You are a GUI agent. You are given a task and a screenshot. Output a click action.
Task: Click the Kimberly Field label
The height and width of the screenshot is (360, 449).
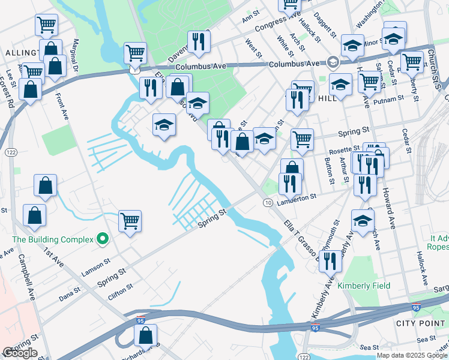[363, 286]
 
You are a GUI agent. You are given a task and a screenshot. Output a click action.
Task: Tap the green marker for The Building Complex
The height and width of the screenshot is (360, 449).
[103, 239]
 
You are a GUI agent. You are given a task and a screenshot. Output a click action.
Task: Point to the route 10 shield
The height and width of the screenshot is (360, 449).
[266, 205]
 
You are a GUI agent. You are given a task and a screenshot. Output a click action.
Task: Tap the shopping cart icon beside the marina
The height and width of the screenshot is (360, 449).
[130, 221]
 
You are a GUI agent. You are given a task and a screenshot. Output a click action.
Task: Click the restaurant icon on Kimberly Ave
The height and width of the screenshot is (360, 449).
[330, 261]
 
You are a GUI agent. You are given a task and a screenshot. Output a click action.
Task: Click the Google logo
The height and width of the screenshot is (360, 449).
[20, 353]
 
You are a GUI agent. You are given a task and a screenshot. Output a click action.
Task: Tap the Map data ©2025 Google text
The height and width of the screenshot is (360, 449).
[411, 355]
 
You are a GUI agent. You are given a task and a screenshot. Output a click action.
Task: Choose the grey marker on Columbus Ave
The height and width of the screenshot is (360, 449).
[333, 62]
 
